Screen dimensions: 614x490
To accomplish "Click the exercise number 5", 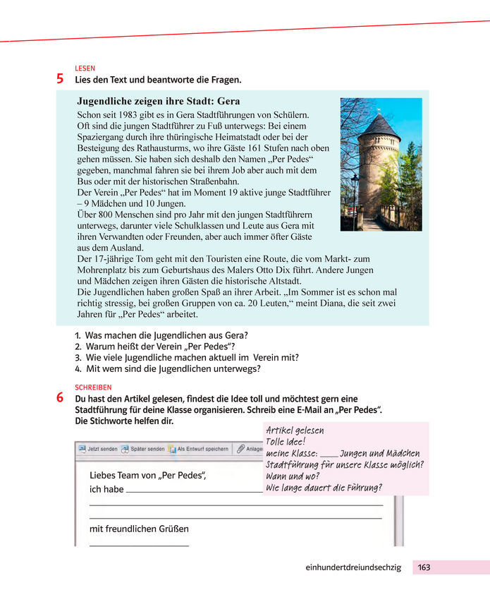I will (61, 79).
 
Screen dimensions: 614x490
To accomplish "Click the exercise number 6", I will (61, 399).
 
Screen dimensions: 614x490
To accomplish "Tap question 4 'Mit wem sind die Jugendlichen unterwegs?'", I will (173, 368).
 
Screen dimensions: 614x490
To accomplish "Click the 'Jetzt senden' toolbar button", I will (98, 448).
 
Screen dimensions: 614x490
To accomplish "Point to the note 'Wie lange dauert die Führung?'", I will (324, 487).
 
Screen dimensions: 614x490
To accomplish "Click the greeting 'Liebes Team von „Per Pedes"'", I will (147, 475).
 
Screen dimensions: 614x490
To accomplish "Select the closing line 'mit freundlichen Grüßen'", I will (139, 528).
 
